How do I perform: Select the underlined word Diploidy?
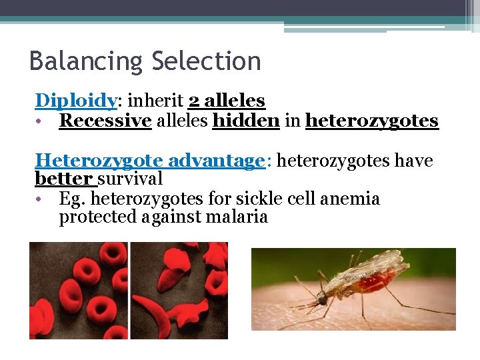pos(76,101)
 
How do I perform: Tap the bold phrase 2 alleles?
pos(227,101)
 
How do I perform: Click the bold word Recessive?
pos(105,121)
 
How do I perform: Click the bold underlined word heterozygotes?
pos(371,121)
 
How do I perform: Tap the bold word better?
pos(64,179)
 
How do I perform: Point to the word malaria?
pos(237,217)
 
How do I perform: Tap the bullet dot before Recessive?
pos(41,121)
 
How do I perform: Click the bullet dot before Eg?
pos(41,199)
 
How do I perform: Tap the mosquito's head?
pos(323,294)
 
